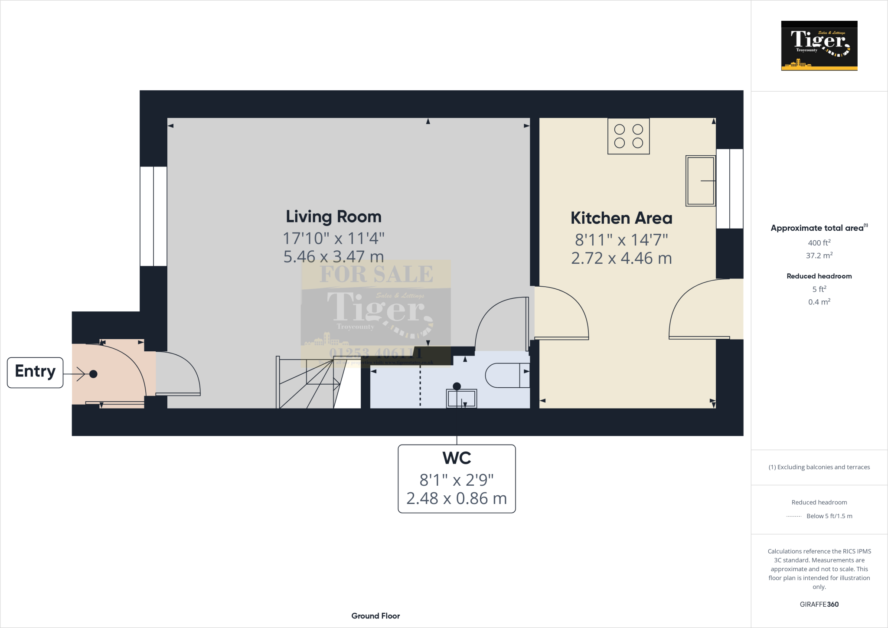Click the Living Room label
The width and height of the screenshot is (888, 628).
pyautogui.click(x=333, y=216)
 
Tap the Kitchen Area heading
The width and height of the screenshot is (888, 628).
pyautogui.click(x=621, y=218)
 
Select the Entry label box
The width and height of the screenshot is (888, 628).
pyautogui.click(x=35, y=372)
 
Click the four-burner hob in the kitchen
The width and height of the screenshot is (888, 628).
pyautogui.click(x=628, y=136)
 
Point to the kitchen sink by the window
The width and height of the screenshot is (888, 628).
pyautogui.click(x=700, y=180)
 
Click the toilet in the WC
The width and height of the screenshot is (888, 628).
pyautogui.click(x=506, y=375)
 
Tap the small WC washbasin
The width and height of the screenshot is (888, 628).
pyautogui.click(x=461, y=398)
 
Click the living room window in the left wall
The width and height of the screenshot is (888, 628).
pyautogui.click(x=153, y=216)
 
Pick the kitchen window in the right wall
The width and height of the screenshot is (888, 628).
pyautogui.click(x=729, y=189)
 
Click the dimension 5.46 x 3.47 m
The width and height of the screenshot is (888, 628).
pyautogui.click(x=333, y=256)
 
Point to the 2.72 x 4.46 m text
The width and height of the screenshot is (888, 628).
pyautogui.click(x=621, y=258)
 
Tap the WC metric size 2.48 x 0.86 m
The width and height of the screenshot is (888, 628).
pyautogui.click(x=456, y=498)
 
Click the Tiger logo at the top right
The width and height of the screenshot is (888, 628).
pyautogui.click(x=819, y=46)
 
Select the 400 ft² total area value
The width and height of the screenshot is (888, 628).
pyautogui.click(x=819, y=243)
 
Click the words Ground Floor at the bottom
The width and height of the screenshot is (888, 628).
pyautogui.click(x=375, y=616)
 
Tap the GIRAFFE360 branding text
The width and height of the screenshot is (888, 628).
pyautogui.click(x=819, y=604)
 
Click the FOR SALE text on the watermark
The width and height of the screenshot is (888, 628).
pyautogui.click(x=376, y=274)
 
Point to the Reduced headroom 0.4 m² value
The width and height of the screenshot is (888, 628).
pyautogui.click(x=819, y=302)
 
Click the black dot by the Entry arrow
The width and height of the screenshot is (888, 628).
pyautogui.click(x=93, y=374)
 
